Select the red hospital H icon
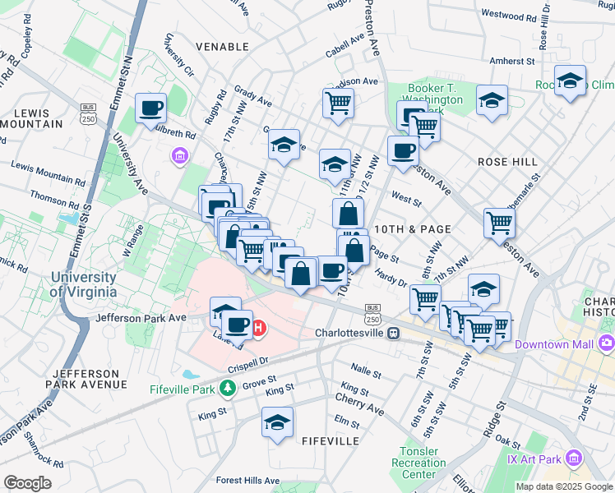pos(258,329)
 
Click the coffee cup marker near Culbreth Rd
pos(152,108)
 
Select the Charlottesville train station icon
pos(394,334)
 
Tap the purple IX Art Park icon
pos(574,457)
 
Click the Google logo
pos(28,483)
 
